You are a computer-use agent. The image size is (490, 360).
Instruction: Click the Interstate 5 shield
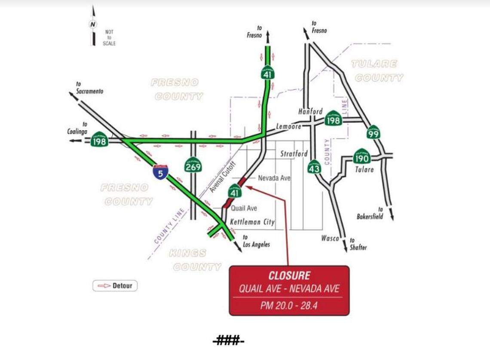point(160,171)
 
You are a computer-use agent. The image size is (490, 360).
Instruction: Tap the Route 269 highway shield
point(193,165)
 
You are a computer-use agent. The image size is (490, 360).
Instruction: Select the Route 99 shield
point(373,132)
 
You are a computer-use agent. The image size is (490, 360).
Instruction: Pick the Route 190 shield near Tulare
point(361,157)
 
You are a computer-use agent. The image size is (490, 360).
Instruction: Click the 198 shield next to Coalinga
point(99,140)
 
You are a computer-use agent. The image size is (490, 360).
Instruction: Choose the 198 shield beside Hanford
point(334,119)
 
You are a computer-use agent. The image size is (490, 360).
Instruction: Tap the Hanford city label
point(310,112)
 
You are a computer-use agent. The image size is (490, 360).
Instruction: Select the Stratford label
point(294,153)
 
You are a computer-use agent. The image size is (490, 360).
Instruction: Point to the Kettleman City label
point(252,222)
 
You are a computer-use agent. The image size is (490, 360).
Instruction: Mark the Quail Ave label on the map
point(244,208)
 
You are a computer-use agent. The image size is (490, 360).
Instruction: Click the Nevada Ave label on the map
point(274,178)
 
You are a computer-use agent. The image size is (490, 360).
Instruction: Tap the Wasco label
point(331,238)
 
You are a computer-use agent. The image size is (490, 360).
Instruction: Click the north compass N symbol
point(93,24)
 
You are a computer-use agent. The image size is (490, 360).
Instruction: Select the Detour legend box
point(115,286)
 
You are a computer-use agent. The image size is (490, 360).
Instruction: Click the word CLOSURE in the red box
point(289,276)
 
